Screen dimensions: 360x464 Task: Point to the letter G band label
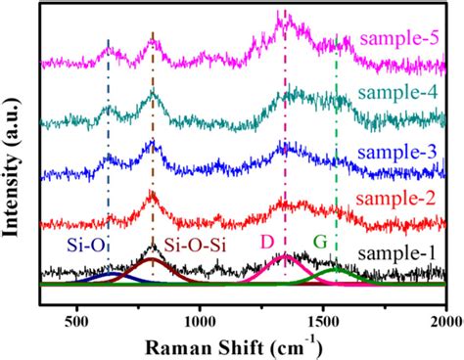pyautogui.click(x=320, y=241)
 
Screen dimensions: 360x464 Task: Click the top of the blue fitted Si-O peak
pyautogui.click(x=108, y=274)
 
